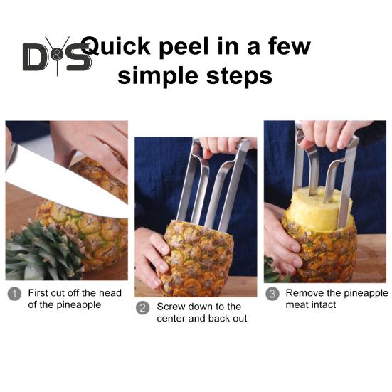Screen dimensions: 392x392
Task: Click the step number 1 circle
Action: coord(14,293)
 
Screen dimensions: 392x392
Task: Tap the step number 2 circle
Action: coord(143,307)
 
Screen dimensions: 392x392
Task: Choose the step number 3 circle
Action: coord(272,293)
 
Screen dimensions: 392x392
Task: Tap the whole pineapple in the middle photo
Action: coord(196,256)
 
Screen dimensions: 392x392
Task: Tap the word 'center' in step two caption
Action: coord(174,319)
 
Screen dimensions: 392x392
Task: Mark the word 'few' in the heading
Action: coord(287,47)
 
